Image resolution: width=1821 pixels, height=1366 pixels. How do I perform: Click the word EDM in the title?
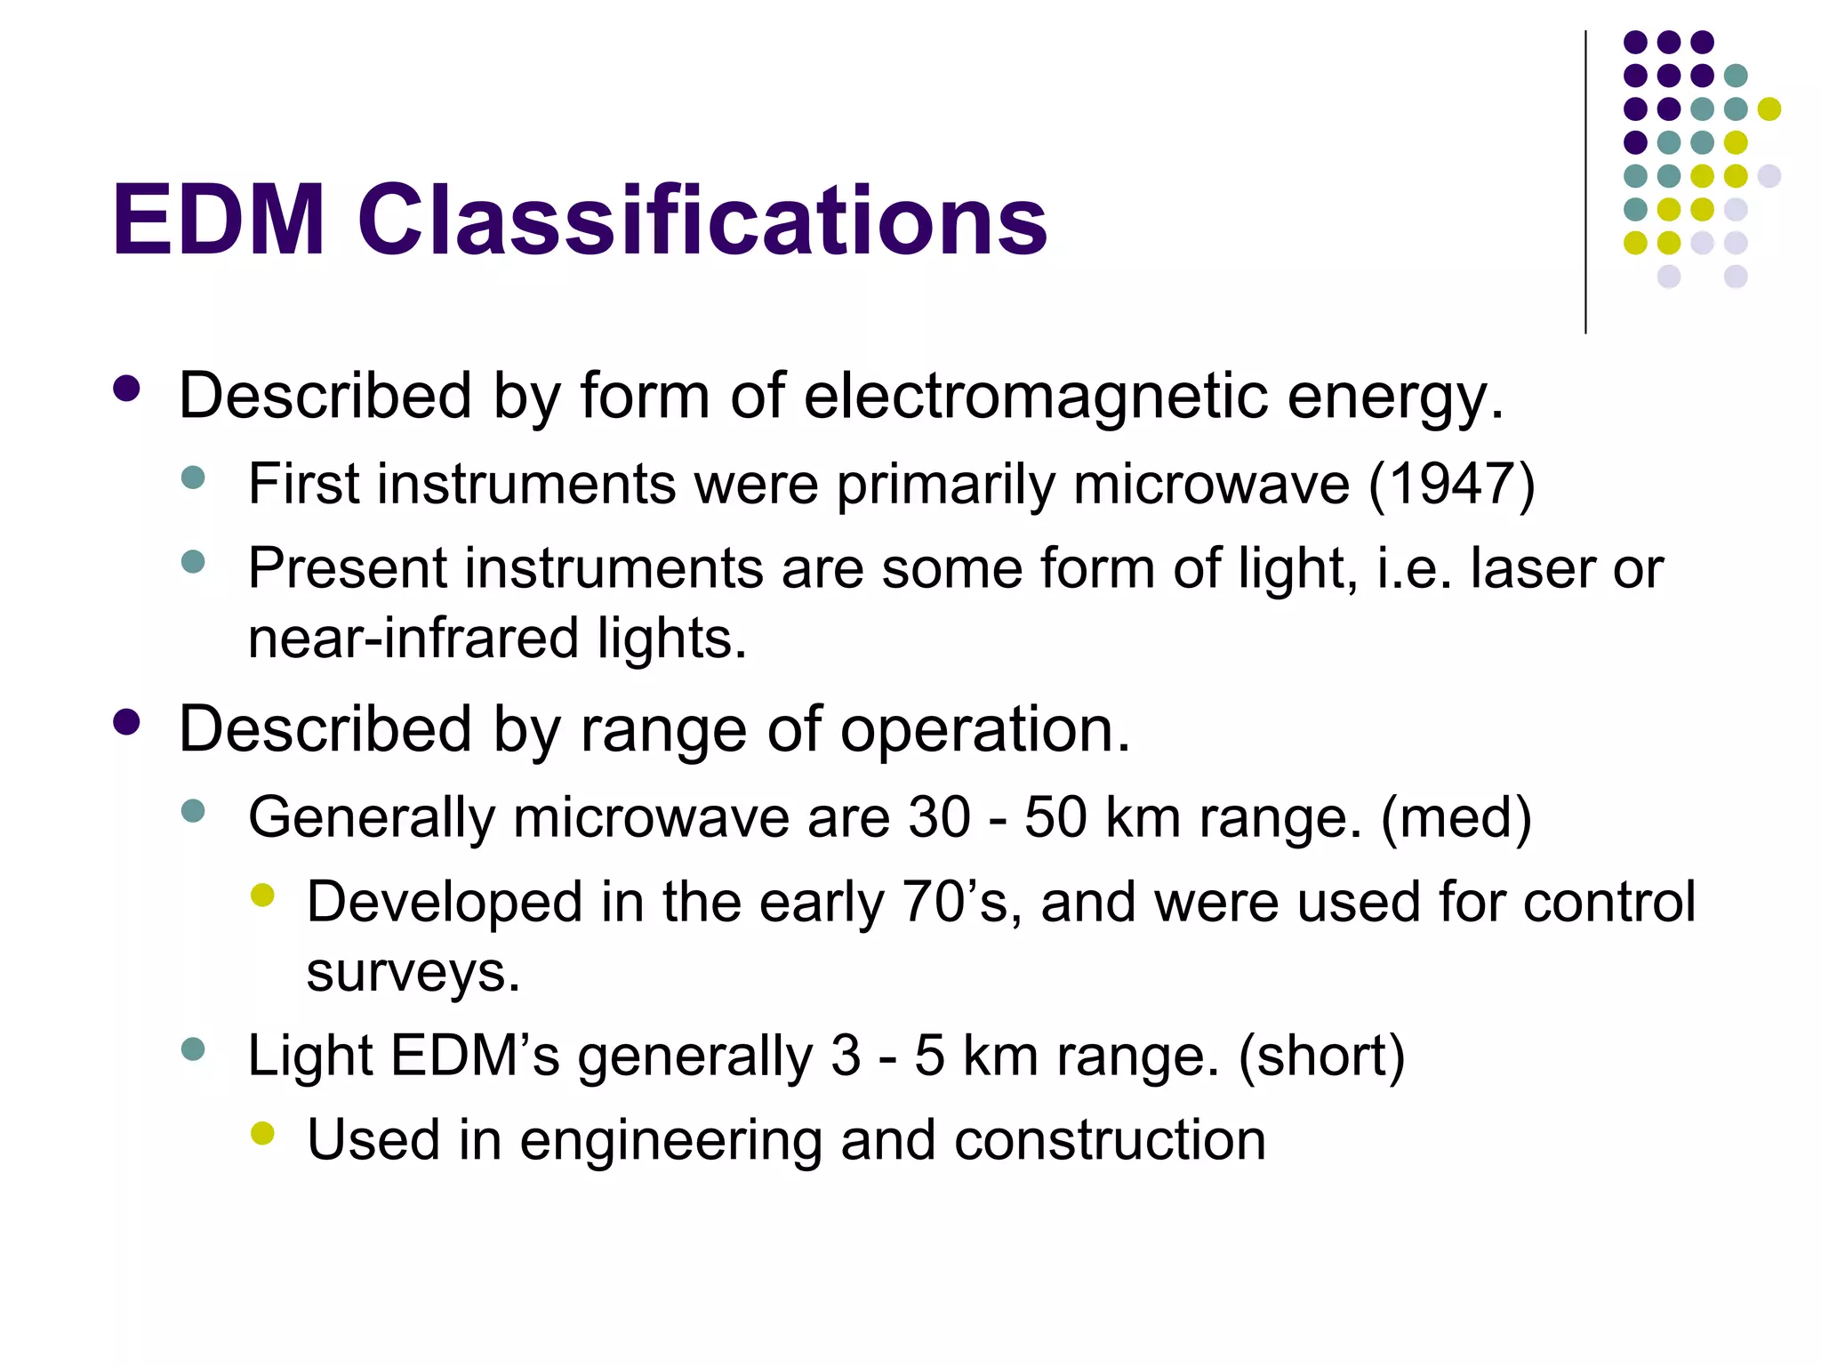pos(219,221)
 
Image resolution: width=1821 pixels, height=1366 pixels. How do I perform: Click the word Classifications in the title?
pos(702,221)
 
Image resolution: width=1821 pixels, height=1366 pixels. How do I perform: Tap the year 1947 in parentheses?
pos(1451,485)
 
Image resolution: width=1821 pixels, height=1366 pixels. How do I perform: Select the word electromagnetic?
pos(1035,396)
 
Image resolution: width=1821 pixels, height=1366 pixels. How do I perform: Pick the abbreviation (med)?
pos(1456,817)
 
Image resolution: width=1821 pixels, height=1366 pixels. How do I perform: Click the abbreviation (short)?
pos(1321,1056)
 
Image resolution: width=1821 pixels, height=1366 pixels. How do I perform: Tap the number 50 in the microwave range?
pos(1055,817)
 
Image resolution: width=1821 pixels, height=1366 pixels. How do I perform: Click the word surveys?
pos(413,972)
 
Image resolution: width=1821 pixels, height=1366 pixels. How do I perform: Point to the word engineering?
pos(670,1140)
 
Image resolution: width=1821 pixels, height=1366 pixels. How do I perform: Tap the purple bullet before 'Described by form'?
pos(127,389)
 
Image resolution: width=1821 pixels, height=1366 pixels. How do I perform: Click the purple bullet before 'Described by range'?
pos(127,722)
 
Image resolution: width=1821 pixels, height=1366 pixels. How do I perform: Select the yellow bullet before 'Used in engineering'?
pos(262,1133)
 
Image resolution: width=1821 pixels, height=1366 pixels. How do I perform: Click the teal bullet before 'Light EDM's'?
pos(192,1049)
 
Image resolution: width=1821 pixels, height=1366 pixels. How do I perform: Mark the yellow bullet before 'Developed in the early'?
pos(262,895)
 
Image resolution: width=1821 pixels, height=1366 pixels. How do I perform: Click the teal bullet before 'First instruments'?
pos(192,478)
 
